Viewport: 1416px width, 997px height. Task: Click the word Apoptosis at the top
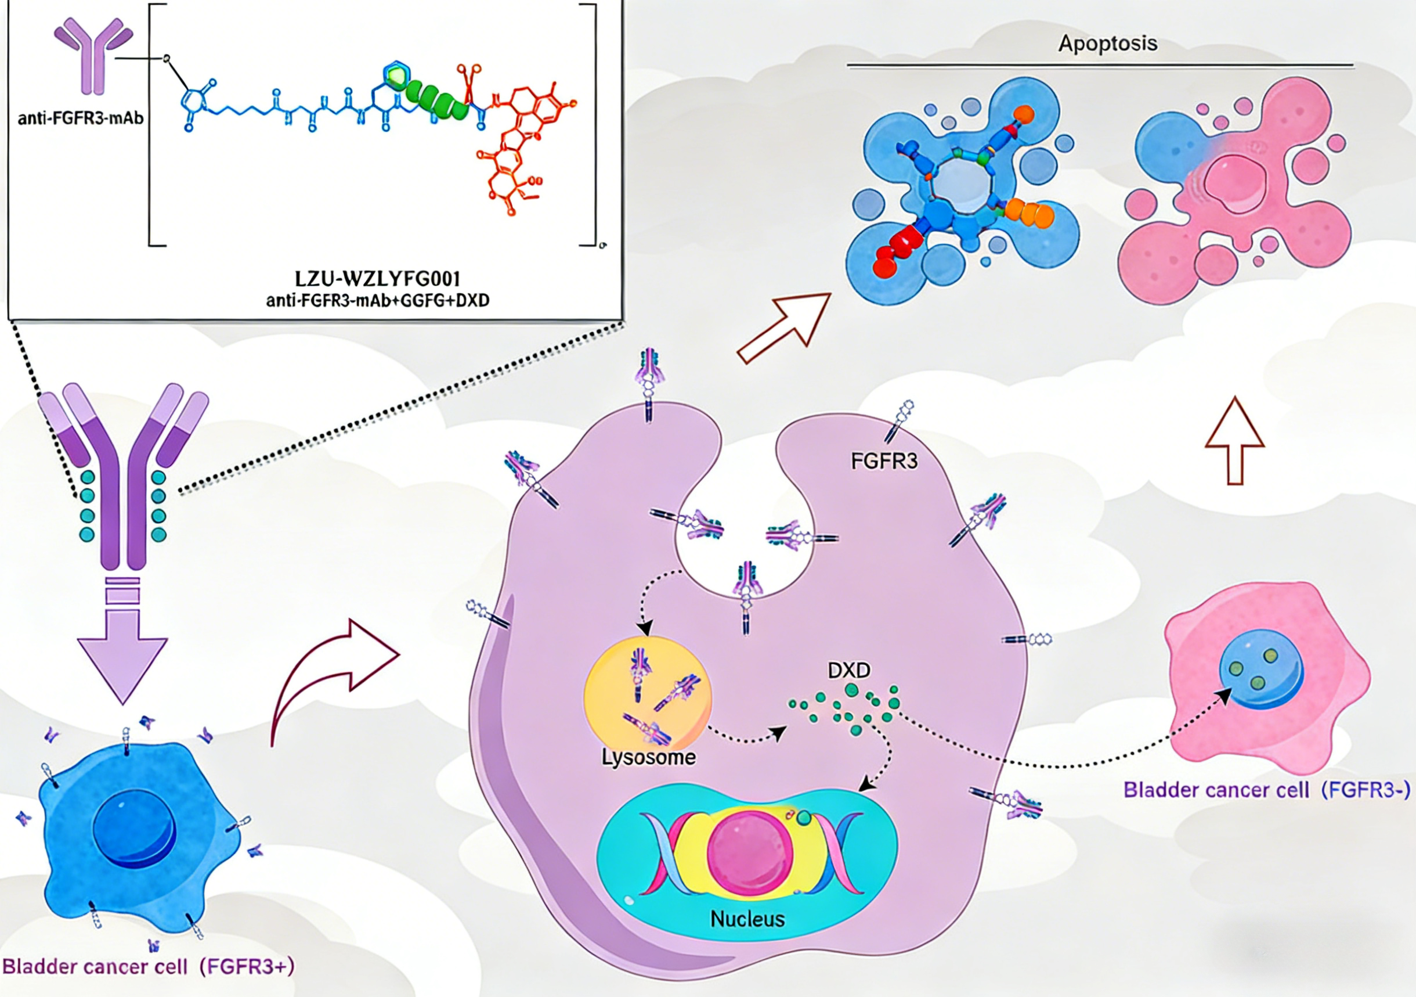(x=1108, y=44)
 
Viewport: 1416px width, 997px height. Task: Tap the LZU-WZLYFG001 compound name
(x=377, y=279)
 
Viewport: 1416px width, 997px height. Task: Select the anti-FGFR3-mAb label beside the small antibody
(x=80, y=117)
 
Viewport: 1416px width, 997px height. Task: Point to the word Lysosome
(x=648, y=757)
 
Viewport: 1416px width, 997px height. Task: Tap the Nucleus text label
(x=747, y=919)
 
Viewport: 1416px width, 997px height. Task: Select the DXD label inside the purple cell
(x=849, y=670)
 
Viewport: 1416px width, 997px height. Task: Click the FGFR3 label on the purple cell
(x=884, y=461)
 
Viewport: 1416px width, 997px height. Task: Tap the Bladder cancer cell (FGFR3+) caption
(x=148, y=966)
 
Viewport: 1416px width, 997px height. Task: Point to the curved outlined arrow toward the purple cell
(x=333, y=679)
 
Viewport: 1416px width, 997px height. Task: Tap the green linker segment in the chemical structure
(x=438, y=99)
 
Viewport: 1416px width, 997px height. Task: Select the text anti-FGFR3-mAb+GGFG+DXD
(x=377, y=301)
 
